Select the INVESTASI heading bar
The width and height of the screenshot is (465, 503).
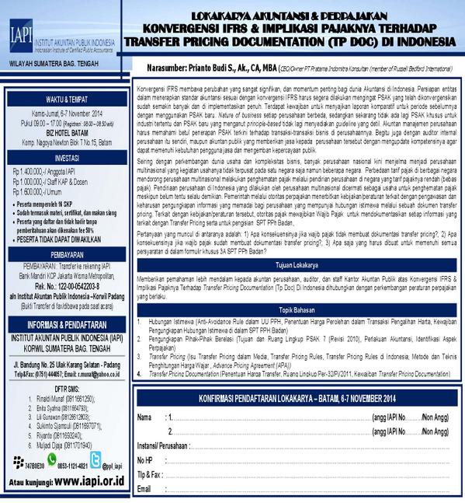[66, 155]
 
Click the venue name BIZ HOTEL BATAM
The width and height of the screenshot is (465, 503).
[65, 132]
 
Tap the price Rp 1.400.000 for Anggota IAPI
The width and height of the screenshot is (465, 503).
[30, 169]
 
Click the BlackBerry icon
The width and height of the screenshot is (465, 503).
[16, 459]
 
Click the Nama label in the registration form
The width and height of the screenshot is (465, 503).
[145, 418]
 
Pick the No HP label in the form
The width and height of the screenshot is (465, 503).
[145, 460]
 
